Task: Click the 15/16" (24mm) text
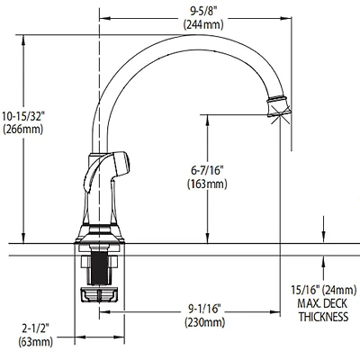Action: coord(320,290)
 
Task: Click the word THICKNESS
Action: coord(321,316)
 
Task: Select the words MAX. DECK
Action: coord(320,302)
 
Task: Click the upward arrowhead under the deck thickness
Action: coord(321,263)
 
